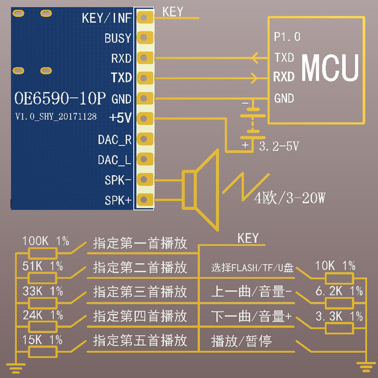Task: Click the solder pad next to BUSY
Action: point(145,38)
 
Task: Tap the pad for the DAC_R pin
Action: point(145,139)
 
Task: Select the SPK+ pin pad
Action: point(145,200)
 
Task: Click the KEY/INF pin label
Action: point(107,18)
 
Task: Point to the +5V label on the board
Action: point(120,117)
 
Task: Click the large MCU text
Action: point(330,68)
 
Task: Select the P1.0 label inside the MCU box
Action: point(287,37)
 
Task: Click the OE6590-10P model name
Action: point(60,98)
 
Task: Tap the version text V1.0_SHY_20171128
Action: point(56,116)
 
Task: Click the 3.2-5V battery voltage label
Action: point(279,146)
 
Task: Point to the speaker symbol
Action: point(201,190)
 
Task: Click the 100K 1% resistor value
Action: point(46,241)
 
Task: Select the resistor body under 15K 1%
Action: point(43,352)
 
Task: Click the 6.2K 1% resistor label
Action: point(339,291)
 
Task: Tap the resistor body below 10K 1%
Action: point(339,278)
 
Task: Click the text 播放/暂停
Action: point(241,341)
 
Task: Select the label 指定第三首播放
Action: point(140,291)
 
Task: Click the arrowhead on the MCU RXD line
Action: point(255,78)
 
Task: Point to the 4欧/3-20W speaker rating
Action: point(289,198)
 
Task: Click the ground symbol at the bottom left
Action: point(16,368)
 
